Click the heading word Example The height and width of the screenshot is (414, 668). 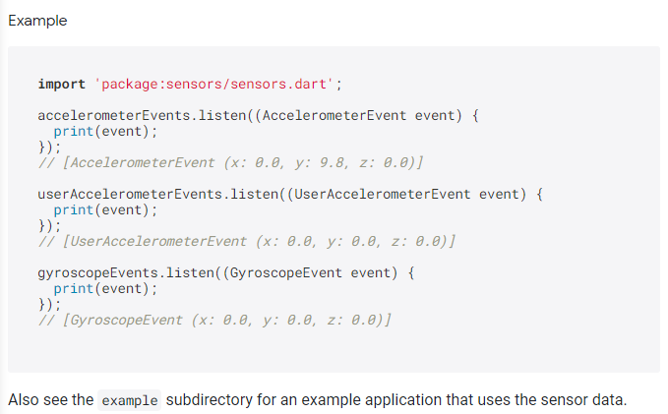pyautogui.click(x=37, y=21)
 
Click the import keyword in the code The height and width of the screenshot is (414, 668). pyautogui.click(x=61, y=84)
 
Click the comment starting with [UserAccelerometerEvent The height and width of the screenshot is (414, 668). pyautogui.click(x=246, y=240)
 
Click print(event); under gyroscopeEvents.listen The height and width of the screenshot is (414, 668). pyautogui.click(x=104, y=288)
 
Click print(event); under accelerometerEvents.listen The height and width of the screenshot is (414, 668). pyautogui.click(x=104, y=131)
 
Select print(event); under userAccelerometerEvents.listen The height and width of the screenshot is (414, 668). pyautogui.click(x=104, y=209)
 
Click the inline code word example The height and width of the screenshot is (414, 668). pyautogui.click(x=129, y=401)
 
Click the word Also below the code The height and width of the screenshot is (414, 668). pyautogui.click(x=24, y=401)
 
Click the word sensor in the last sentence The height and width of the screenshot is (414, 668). pyautogui.click(x=563, y=401)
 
